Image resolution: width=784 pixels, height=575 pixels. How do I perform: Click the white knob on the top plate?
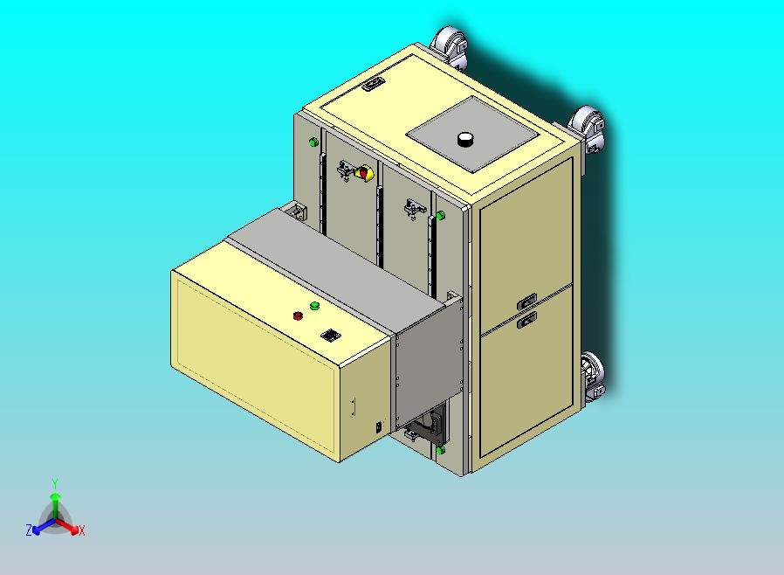point(465,139)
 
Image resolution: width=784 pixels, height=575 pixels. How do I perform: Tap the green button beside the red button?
point(314,305)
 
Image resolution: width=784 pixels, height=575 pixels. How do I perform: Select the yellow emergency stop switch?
point(363,173)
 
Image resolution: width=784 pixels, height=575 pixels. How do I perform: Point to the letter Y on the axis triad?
point(55,483)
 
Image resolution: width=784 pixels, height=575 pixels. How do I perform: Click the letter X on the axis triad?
point(81,530)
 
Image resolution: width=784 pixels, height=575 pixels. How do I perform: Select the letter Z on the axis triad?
point(29,530)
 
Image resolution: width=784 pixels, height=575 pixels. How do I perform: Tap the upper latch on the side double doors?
point(526,301)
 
